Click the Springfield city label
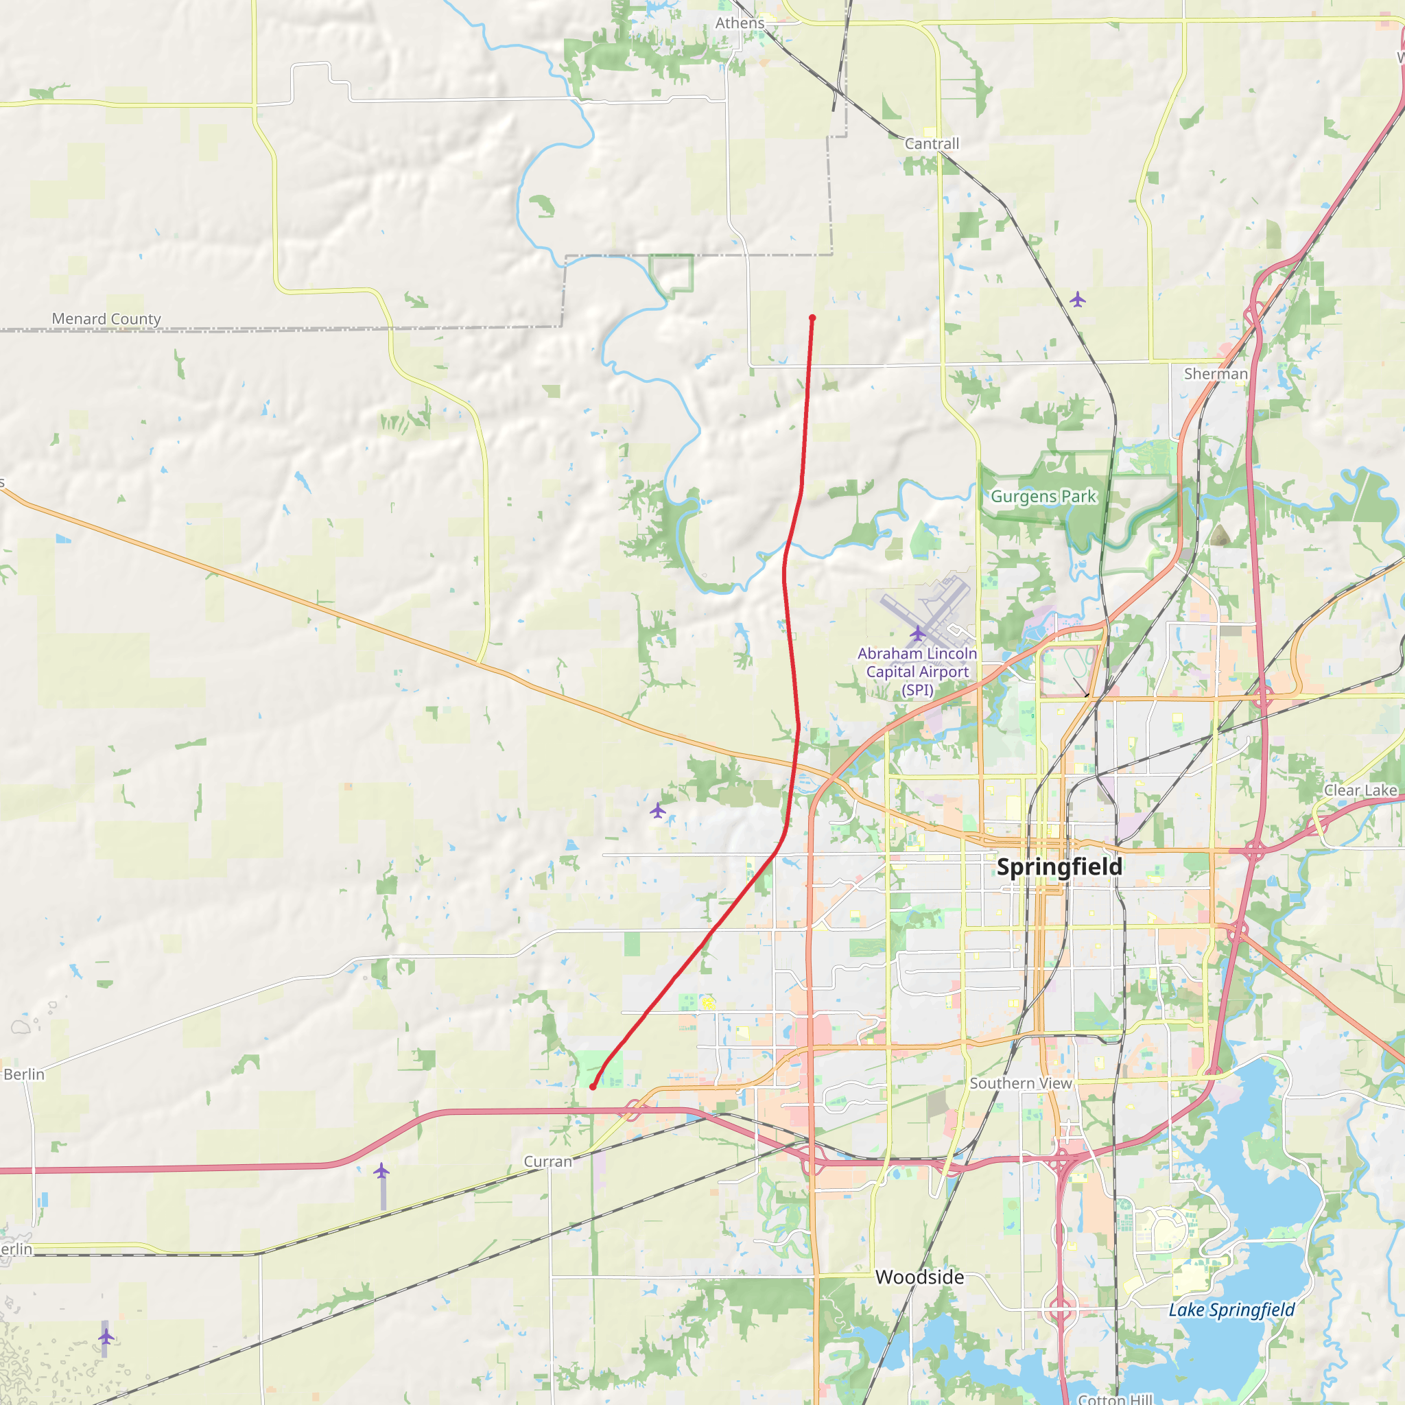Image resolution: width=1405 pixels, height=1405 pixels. click(1059, 867)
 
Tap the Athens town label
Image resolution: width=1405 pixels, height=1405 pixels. click(740, 23)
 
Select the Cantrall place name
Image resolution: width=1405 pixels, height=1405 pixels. click(932, 144)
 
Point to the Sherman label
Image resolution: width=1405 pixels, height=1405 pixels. click(1215, 374)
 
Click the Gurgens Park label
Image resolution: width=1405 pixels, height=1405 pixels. click(1043, 497)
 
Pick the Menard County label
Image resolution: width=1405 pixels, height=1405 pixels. click(106, 318)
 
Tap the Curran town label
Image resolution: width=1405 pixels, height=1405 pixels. click(547, 1161)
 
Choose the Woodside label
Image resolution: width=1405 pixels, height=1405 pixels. click(919, 1276)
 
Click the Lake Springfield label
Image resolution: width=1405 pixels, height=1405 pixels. click(1231, 1310)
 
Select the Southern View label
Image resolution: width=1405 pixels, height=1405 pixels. click(1020, 1083)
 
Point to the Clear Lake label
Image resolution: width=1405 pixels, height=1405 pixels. click(1360, 790)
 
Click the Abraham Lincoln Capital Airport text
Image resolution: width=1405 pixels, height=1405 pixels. click(917, 671)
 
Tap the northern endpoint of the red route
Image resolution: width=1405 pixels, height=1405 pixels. click(812, 318)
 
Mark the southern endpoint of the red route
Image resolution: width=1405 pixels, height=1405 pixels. click(593, 1087)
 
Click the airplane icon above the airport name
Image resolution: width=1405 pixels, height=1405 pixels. click(918, 633)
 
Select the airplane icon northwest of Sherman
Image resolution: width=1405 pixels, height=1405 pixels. click(1077, 299)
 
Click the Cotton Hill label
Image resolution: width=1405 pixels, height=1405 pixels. click(1115, 1398)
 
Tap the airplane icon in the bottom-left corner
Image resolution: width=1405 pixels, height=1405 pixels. click(106, 1336)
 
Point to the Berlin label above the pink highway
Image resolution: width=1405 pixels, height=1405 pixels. click(24, 1074)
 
